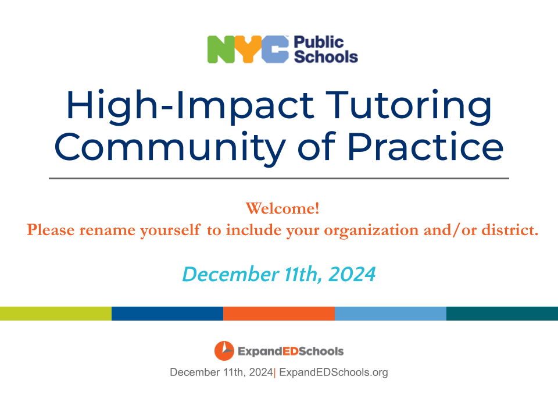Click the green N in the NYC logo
221,49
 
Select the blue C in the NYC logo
275,49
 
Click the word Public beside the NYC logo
319,42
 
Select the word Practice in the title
425,145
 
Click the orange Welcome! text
282,208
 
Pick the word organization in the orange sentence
371,230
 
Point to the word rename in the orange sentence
107,230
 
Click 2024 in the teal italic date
352,274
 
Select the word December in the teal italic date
231,274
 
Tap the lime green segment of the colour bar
56,314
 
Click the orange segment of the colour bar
279,314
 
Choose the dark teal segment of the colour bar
502,314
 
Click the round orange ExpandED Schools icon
224,351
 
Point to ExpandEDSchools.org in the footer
334,372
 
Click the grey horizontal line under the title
279,178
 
